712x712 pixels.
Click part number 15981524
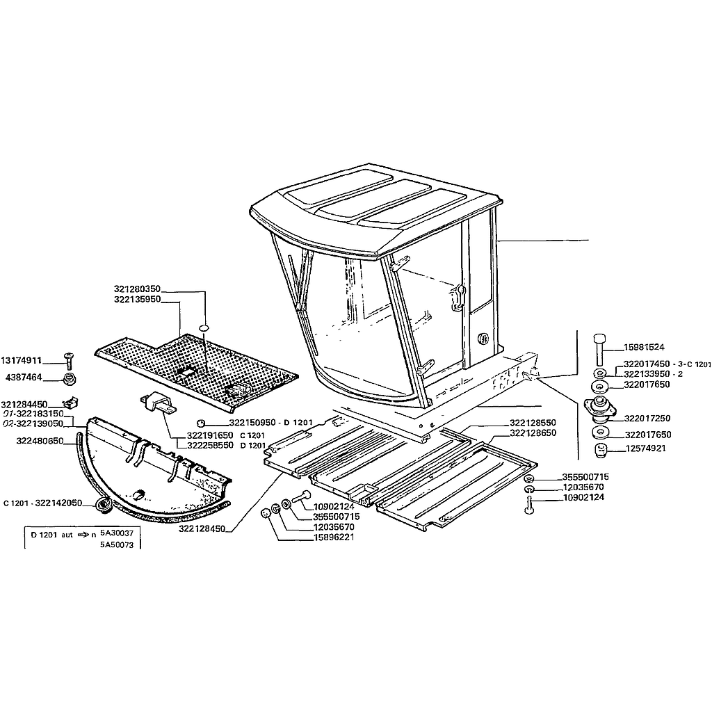pos(643,348)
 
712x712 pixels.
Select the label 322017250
pos(647,419)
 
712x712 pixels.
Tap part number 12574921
pos(645,448)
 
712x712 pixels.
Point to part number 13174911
pos(22,361)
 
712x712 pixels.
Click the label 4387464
pos(24,378)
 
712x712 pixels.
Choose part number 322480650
pos(40,441)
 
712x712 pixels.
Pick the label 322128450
pos(202,529)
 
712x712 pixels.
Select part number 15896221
pos(334,537)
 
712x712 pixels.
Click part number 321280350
pos(137,289)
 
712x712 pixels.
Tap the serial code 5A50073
pos(117,545)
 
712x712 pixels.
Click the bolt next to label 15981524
pos(599,350)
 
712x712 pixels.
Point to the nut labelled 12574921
pos(601,451)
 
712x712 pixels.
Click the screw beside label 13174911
pos(69,361)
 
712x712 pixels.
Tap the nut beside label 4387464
pos(70,378)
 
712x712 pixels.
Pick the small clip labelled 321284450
pos(71,403)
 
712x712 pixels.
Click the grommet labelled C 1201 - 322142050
pos(105,505)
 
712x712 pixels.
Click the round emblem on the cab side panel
pos(483,339)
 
